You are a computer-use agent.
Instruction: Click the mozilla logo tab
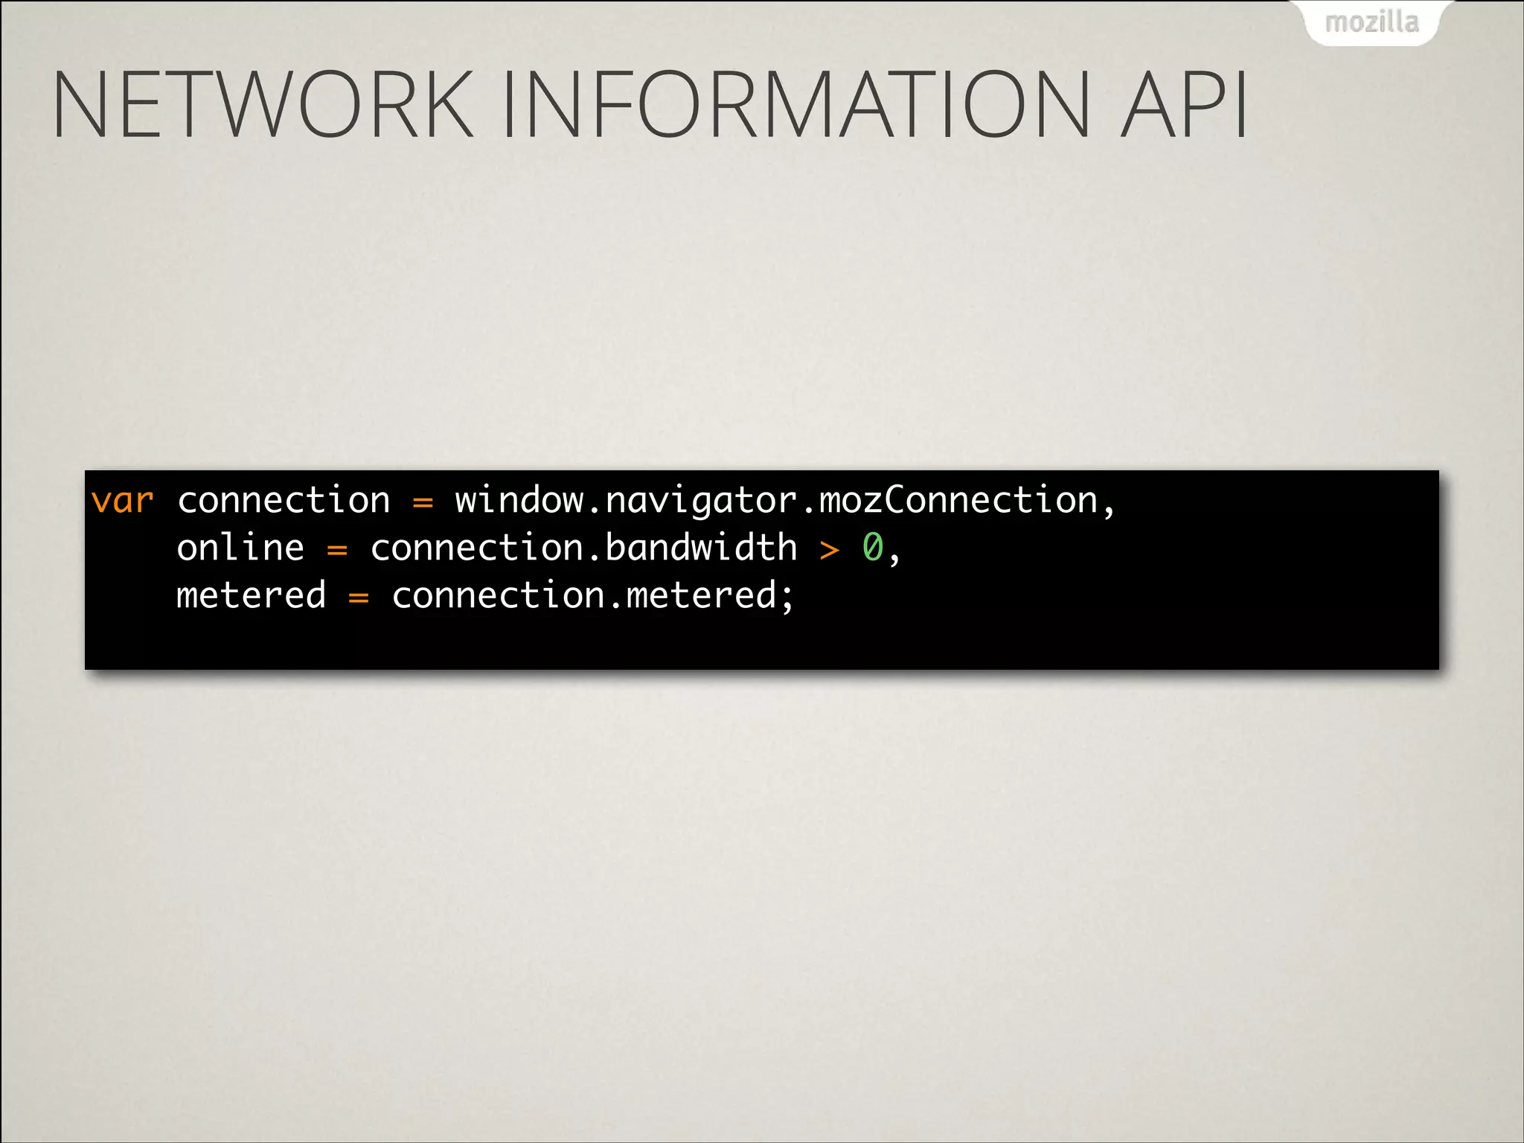1372,22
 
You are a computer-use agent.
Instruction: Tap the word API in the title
1183,104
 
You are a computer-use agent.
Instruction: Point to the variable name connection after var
284,500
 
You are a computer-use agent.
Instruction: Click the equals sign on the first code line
423,502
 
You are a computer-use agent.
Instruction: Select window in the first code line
519,500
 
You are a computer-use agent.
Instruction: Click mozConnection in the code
958,500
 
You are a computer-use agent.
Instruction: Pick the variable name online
240,548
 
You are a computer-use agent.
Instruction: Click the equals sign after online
337,551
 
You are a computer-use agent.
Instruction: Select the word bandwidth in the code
701,548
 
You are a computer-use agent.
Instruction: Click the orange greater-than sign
830,551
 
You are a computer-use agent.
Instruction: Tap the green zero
872,548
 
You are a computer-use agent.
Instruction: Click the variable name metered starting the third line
251,595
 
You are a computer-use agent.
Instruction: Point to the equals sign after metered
359,598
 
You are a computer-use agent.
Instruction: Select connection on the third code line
498,595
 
